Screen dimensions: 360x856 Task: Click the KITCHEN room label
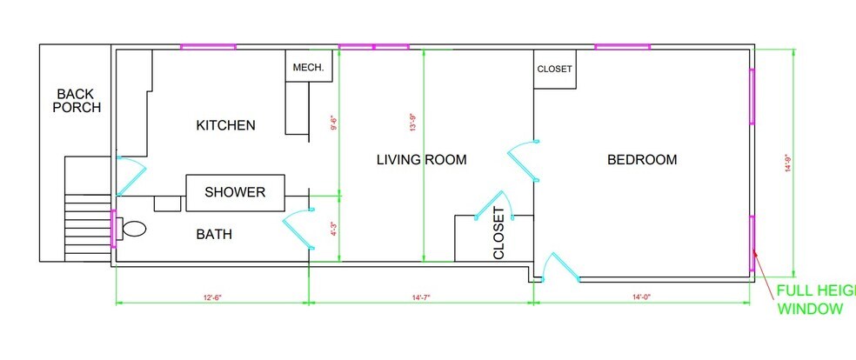point(225,125)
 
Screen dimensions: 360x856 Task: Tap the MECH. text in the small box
point(308,68)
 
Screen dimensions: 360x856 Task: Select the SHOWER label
point(234,192)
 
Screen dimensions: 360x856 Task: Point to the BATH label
point(213,234)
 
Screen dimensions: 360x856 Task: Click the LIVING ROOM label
point(421,160)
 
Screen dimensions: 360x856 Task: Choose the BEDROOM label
point(641,160)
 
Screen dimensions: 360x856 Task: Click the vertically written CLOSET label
point(498,233)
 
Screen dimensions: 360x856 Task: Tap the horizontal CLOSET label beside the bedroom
point(554,70)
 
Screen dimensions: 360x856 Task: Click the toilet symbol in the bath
point(133,230)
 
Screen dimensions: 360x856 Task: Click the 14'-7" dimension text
point(421,297)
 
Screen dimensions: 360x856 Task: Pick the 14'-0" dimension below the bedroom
point(642,297)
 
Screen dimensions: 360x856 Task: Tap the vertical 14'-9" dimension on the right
point(787,163)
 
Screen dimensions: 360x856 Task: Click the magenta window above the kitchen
point(208,46)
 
